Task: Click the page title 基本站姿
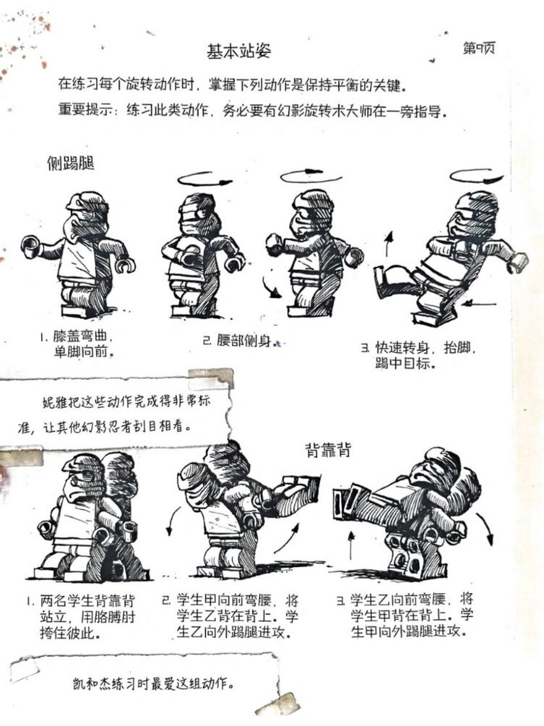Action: click(x=239, y=52)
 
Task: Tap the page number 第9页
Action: click(x=478, y=49)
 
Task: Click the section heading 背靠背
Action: click(x=328, y=450)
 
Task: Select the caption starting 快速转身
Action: click(x=422, y=355)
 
